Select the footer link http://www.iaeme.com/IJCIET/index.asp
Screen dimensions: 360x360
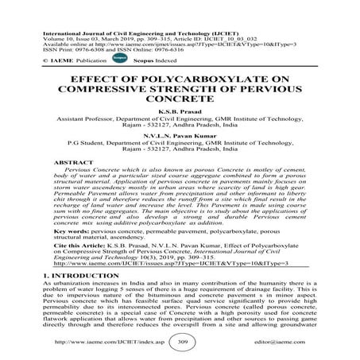point(99,343)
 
